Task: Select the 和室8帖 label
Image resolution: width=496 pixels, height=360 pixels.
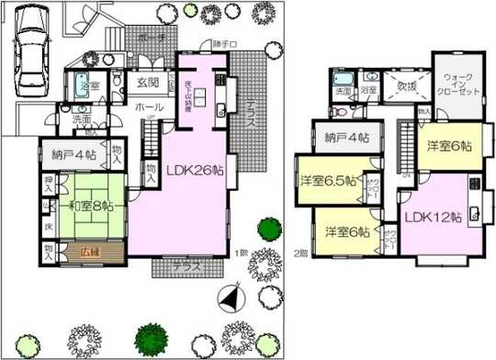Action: click(81, 206)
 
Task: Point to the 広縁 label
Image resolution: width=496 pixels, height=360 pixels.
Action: click(87, 249)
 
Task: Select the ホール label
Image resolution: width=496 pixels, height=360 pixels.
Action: click(151, 107)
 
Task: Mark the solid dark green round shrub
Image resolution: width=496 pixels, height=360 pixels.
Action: click(268, 227)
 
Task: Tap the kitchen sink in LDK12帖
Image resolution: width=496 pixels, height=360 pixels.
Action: click(474, 215)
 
